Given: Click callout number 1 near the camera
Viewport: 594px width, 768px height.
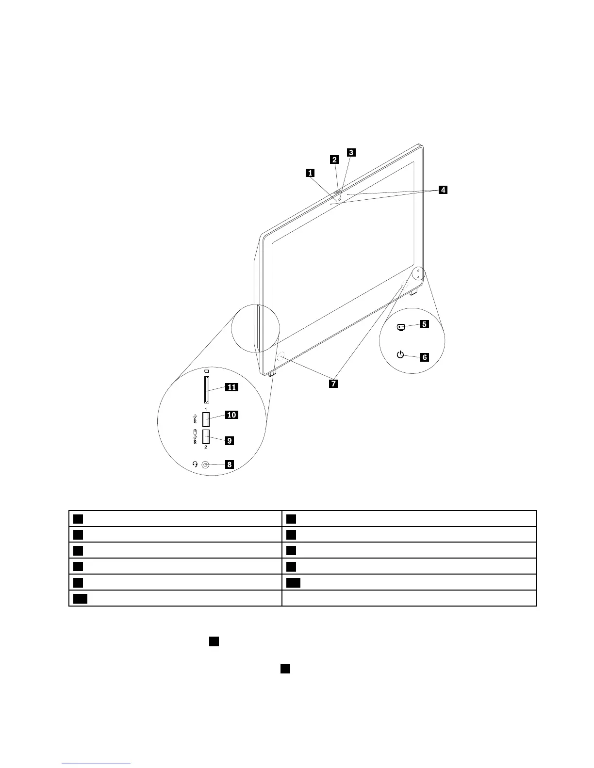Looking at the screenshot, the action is click(310, 172).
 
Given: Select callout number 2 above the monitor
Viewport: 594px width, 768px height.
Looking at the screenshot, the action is click(334, 159).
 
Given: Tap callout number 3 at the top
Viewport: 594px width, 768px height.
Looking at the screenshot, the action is click(351, 152).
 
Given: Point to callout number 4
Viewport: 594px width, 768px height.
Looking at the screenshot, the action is click(443, 190).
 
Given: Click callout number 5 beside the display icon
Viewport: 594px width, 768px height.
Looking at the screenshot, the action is click(424, 324).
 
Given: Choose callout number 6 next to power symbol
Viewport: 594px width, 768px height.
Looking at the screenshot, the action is click(424, 357).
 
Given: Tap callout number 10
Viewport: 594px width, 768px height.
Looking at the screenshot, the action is click(231, 415).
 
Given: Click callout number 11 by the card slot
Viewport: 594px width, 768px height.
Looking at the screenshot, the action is click(231, 387).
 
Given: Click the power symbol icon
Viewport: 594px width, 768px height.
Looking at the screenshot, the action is click(400, 355).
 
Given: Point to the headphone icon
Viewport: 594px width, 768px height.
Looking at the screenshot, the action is click(195, 464).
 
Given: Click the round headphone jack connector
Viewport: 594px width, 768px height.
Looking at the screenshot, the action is click(205, 464).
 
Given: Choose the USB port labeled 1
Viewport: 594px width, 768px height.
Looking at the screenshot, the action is click(206, 418).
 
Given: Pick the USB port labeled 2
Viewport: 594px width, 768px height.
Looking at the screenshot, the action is click(206, 437).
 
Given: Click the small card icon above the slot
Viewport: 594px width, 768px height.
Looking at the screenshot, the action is click(206, 371).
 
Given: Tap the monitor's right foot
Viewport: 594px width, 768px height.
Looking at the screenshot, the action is click(413, 292).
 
